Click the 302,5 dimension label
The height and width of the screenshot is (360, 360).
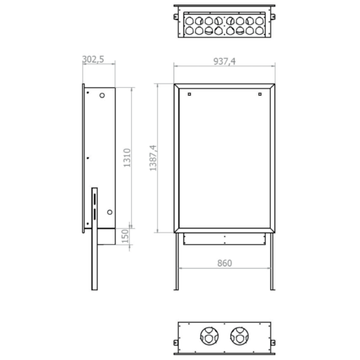pyautogui.click(x=93, y=59)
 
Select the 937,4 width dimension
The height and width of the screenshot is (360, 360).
pyautogui.click(x=225, y=61)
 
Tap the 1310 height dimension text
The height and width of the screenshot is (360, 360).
pyautogui.click(x=127, y=158)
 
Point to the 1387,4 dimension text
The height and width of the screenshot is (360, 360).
pyautogui.click(x=153, y=158)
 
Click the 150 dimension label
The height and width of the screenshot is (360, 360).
pyautogui.click(x=125, y=236)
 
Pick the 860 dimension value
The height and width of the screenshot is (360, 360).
pyautogui.click(x=225, y=264)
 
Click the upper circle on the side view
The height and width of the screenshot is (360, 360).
pyautogui.click(x=102, y=95)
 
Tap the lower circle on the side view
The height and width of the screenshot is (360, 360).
pyautogui.click(x=109, y=212)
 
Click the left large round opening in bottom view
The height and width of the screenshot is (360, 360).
pyautogui.click(x=210, y=336)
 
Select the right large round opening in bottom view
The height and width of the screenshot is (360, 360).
pyautogui.click(x=240, y=336)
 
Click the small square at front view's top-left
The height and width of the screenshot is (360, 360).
pyautogui.click(x=189, y=94)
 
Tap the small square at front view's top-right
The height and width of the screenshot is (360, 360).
pyautogui.click(x=260, y=94)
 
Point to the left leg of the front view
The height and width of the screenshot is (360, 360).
pyautogui.click(x=177, y=261)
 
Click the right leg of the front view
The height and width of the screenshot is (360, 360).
pyautogui.click(x=272, y=261)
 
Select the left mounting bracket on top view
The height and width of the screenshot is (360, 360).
pyautogui.click(x=176, y=17)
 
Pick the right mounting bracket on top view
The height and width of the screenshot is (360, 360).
pyautogui.click(x=273, y=17)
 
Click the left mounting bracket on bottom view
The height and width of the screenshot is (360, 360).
pyautogui.click(x=176, y=343)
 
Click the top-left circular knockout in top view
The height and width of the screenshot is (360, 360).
pyautogui.click(x=189, y=21)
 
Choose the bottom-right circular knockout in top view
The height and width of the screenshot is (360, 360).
pyautogui.click(x=259, y=31)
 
